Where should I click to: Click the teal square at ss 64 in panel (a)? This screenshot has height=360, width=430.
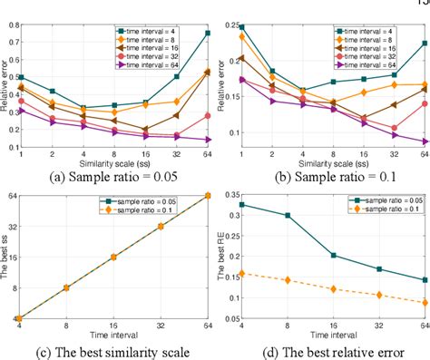pos(208,33)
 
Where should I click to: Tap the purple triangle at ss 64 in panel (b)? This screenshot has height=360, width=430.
pos(424,141)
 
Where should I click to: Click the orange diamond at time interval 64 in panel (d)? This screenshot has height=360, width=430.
pos(424,303)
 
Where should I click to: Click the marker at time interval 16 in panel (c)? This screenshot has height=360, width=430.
pos(114,257)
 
